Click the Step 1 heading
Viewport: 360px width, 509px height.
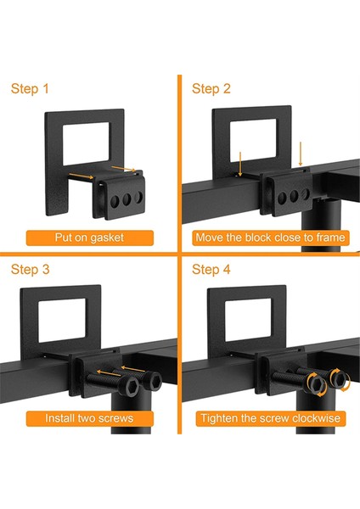click(30, 88)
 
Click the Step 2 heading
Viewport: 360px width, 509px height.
click(211, 88)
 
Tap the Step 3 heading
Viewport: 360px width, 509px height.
click(31, 270)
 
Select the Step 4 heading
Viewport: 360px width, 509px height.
click(211, 270)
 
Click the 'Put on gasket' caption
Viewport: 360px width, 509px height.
click(89, 238)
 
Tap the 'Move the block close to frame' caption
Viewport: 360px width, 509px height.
click(270, 238)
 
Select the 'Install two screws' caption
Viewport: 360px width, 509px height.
click(89, 418)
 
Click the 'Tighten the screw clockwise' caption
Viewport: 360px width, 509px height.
click(270, 418)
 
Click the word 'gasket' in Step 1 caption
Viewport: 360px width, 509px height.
click(107, 238)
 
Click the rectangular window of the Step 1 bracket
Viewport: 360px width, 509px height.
click(86, 144)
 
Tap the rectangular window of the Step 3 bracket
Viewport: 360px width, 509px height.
click(62, 321)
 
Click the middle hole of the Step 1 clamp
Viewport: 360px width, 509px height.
click(127, 199)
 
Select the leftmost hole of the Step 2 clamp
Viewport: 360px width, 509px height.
click(282, 198)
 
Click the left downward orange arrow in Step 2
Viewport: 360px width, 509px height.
click(240, 164)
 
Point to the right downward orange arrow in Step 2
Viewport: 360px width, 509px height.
click(301, 154)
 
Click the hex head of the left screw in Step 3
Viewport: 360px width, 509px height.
click(130, 386)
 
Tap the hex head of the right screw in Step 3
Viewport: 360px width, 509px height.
click(152, 380)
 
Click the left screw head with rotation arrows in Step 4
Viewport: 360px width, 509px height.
click(317, 385)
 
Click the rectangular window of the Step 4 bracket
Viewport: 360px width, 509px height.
click(248, 320)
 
